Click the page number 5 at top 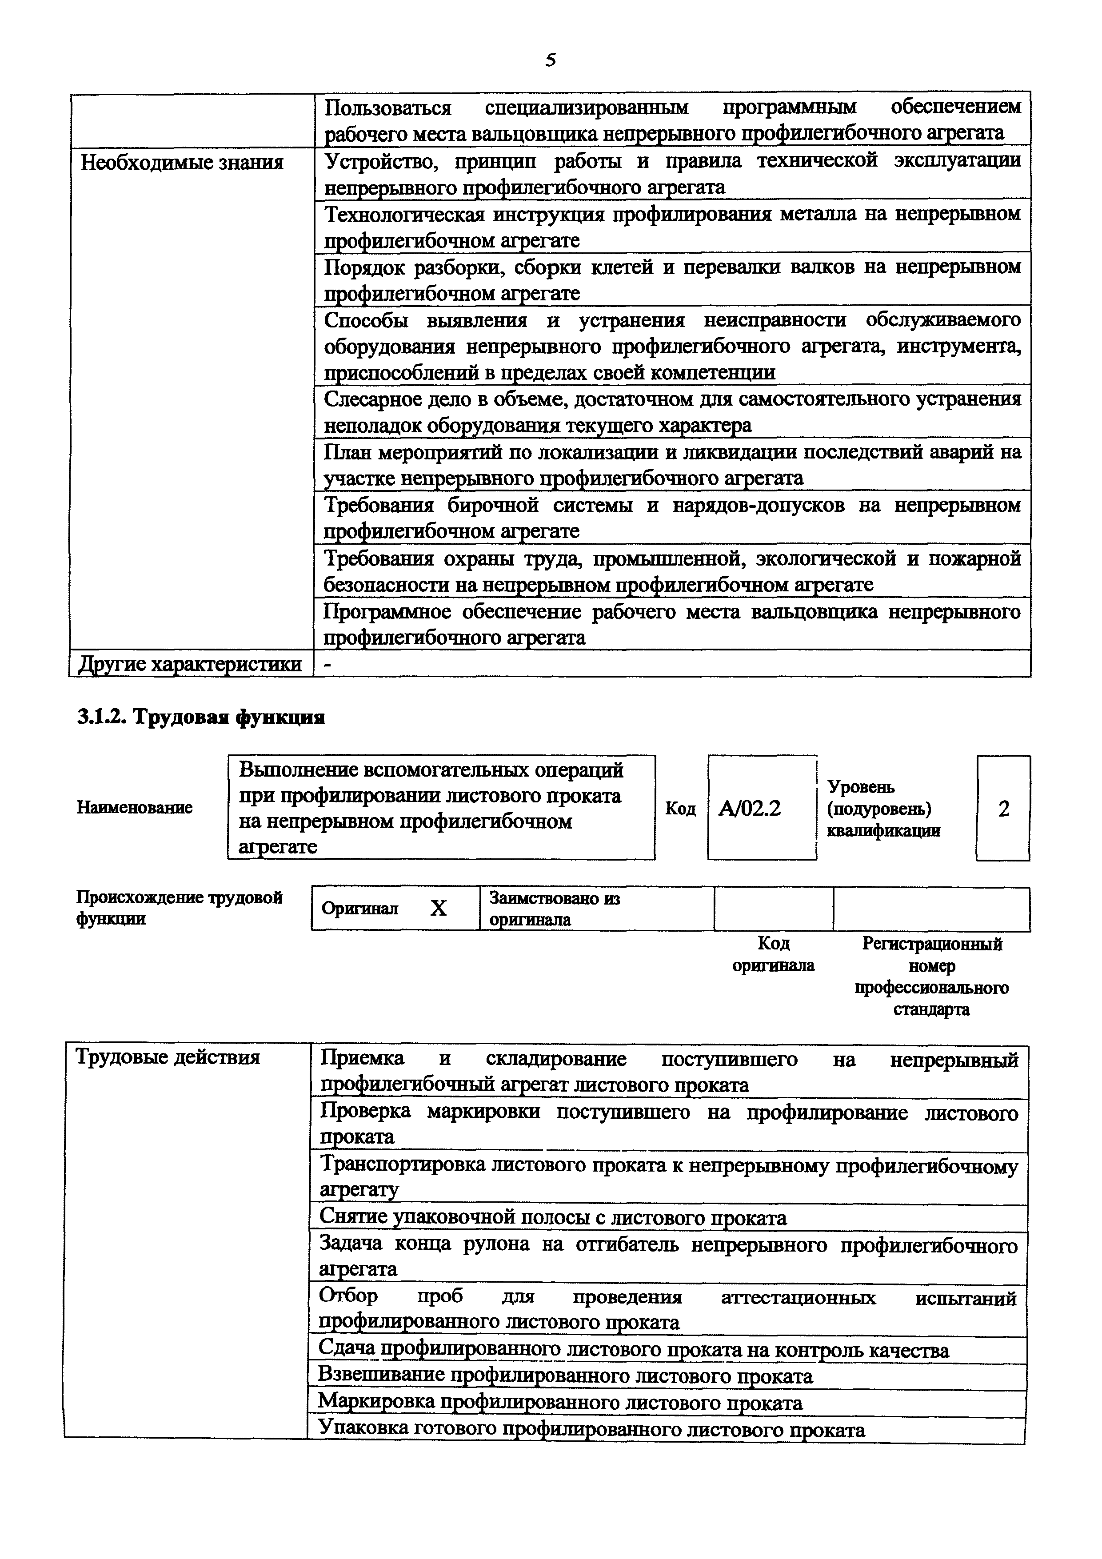550,60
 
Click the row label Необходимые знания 182,163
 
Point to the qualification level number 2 1003,808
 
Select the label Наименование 135,807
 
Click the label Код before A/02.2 680,808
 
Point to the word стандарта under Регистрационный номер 931,1009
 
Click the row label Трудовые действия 168,1057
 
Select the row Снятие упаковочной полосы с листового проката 553,1217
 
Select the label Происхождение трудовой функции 179,908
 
